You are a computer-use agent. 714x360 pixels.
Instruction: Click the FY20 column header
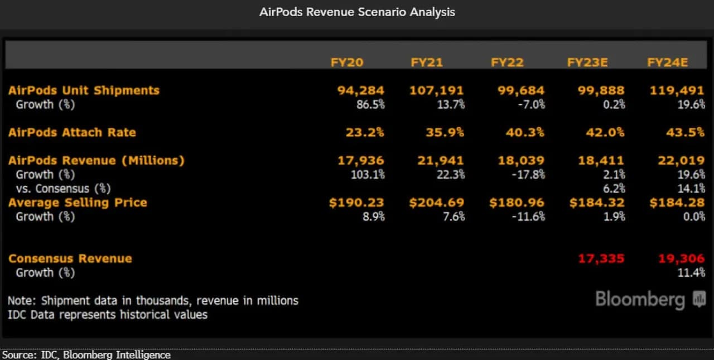pos(346,62)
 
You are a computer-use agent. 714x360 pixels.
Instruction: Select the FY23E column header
pos(587,62)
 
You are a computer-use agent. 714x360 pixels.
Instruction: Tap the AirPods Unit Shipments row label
pos(84,90)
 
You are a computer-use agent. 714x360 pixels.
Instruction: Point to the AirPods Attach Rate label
pos(72,132)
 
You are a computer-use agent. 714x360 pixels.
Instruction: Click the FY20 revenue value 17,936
pos(360,161)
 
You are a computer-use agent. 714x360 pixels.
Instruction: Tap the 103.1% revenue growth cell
pos(367,175)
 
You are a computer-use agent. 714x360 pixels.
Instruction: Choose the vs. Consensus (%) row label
pos(63,189)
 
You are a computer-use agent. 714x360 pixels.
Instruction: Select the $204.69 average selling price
pos(437,203)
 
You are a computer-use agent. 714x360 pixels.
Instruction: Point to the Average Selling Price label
pos(78,203)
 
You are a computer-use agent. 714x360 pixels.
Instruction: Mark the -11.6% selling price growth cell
pos(528,217)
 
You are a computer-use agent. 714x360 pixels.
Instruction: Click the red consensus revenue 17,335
pos(601,258)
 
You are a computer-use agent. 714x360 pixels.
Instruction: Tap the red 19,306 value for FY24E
pos(681,258)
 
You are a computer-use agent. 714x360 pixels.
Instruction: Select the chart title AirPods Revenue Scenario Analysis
pos(357,12)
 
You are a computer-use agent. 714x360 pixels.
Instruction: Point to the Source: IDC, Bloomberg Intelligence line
pos(86,355)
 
